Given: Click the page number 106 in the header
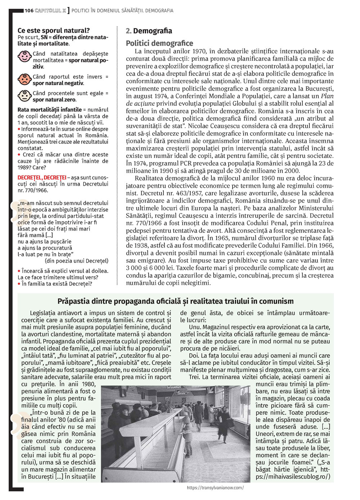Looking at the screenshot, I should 29,10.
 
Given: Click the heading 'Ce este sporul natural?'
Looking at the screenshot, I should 54,31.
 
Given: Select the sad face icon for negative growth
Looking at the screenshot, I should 24,79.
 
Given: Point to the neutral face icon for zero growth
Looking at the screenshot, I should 24,96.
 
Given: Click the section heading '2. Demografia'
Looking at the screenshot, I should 149,31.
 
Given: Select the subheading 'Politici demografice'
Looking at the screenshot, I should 159,43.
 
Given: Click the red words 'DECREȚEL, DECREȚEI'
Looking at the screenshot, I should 42,177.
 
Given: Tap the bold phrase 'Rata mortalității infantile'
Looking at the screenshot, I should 50,109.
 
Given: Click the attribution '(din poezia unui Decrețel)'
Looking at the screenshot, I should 76,261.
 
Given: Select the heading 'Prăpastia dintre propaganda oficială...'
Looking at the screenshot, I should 175,301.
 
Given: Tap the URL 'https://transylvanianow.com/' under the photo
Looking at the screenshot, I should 215,488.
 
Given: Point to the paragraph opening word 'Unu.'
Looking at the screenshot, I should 195,327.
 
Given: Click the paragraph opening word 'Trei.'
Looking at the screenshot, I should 195,377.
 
